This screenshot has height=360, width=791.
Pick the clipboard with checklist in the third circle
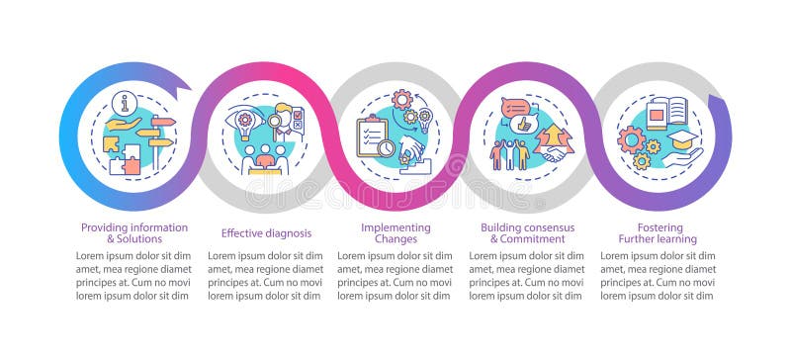coord(373,138)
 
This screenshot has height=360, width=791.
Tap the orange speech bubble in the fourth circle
coord(515,107)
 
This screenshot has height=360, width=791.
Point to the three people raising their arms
coord(510,153)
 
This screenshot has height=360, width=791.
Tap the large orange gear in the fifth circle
coord(630,139)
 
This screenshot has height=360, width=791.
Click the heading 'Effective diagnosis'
coord(266,233)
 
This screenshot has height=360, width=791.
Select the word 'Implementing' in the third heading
coord(395,227)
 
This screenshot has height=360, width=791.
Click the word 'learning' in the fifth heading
coord(675,239)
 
